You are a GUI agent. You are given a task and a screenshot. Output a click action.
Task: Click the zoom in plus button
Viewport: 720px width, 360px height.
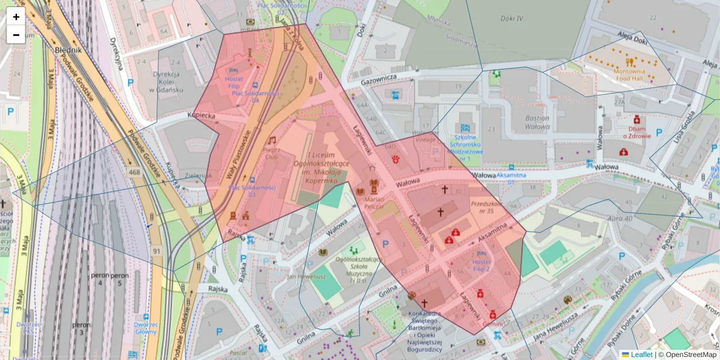click(x=16, y=17)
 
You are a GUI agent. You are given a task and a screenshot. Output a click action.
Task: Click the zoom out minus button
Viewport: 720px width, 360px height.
click(x=16, y=35)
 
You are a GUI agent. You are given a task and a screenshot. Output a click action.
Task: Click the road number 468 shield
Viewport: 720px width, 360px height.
click(x=134, y=172)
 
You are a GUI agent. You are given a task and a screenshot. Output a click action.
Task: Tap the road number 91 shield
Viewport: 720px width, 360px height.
click(x=157, y=250)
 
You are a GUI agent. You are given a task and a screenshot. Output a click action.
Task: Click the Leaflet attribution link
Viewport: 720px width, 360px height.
click(x=641, y=355)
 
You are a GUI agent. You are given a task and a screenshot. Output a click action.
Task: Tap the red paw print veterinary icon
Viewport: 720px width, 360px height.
click(x=397, y=160)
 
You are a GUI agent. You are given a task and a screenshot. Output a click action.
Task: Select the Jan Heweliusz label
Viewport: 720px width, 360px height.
click(x=307, y=277)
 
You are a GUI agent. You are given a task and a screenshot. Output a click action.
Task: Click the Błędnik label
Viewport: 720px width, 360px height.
click(x=68, y=50)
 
